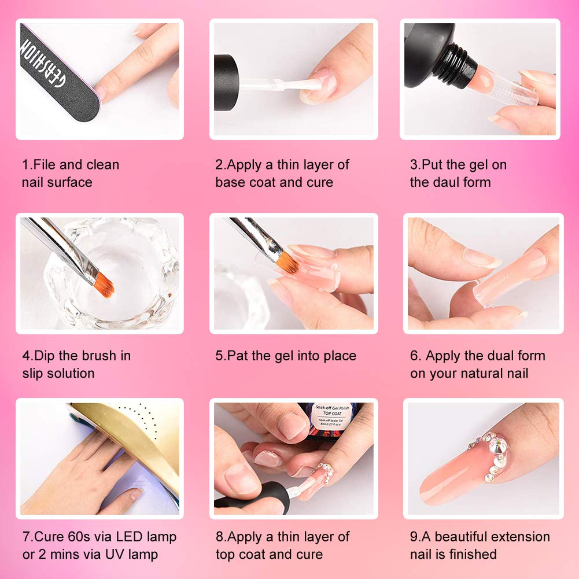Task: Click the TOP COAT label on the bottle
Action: tap(331, 413)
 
